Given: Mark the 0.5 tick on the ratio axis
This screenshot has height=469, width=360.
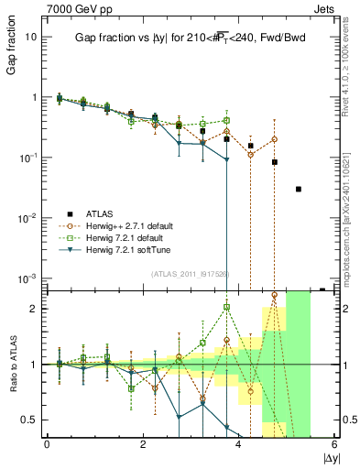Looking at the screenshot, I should (31, 420).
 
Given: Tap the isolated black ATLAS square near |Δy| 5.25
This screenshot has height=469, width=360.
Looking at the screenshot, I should (299, 190).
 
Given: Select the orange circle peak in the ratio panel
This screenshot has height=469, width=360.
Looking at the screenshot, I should (275, 295).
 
